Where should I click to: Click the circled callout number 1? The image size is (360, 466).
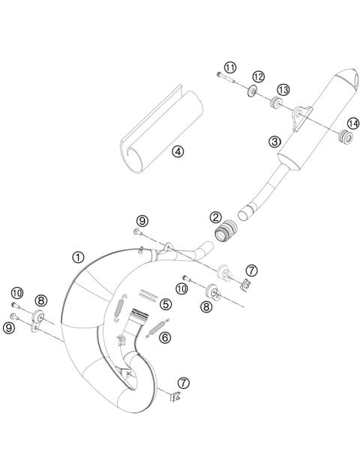click(78, 257)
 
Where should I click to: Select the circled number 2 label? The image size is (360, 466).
click(215, 218)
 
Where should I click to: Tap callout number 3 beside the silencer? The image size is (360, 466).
click(275, 141)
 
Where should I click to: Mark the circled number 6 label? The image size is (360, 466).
click(165, 337)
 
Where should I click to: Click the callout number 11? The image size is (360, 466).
click(230, 67)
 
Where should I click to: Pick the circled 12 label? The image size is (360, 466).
click(258, 76)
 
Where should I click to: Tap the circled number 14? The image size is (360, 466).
click(352, 124)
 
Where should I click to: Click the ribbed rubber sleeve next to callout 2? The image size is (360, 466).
click(223, 234)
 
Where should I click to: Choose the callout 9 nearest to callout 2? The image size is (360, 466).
click(140, 220)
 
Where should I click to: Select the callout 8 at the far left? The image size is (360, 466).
click(41, 300)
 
